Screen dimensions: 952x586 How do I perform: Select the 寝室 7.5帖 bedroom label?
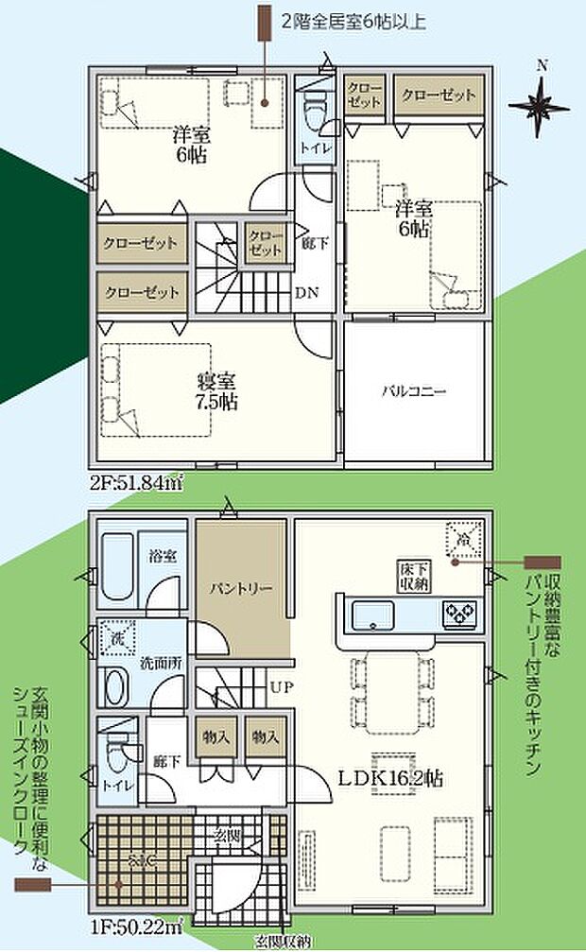[216, 391]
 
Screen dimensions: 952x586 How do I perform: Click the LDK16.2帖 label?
[392, 778]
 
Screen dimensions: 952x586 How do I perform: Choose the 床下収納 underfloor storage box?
[413, 576]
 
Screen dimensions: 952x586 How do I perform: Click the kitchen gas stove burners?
[461, 614]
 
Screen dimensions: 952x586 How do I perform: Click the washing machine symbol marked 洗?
[114, 639]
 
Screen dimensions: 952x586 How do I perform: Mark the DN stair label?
[307, 292]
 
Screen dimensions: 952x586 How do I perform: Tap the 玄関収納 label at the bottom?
[281, 942]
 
